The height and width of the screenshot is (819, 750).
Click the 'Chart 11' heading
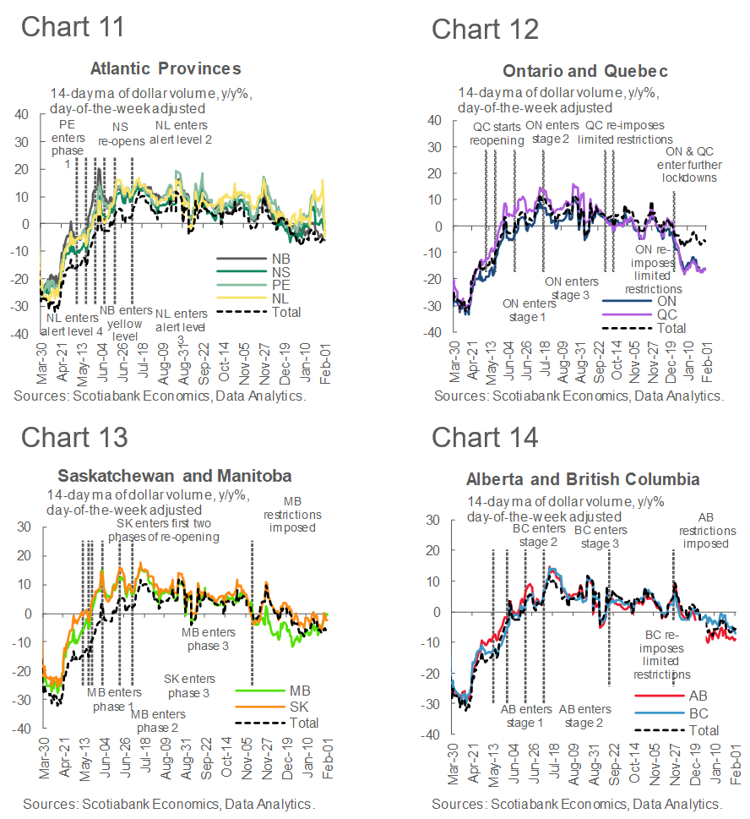73,26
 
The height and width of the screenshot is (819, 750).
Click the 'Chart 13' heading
74,437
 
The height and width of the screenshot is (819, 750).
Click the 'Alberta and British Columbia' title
583,480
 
